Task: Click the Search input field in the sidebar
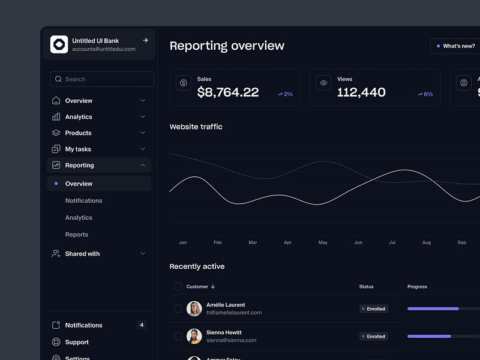click(102, 79)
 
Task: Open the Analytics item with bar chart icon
click(79, 117)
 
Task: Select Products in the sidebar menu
click(79, 133)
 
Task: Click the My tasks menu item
click(78, 149)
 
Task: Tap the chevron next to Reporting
click(143, 165)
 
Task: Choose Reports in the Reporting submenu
click(77, 235)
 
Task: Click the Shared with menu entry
click(82, 254)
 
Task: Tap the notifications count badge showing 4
click(142, 325)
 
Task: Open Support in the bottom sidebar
click(77, 342)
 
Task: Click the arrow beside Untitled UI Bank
click(145, 40)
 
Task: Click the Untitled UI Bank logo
click(59, 44)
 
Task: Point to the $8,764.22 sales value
click(228, 92)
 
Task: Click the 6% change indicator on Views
click(425, 94)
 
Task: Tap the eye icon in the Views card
click(323, 83)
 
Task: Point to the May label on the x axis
click(323, 242)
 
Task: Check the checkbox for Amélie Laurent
click(178, 308)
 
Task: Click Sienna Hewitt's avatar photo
click(194, 336)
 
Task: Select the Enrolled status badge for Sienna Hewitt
click(374, 337)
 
